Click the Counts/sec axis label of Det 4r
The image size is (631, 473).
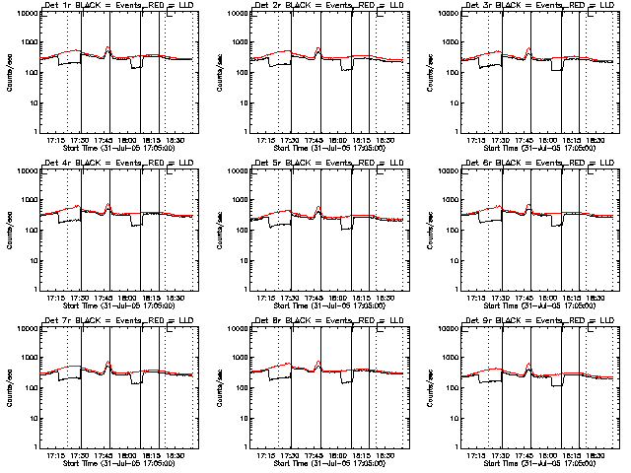(8, 231)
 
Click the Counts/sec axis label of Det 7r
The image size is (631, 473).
(8, 387)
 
